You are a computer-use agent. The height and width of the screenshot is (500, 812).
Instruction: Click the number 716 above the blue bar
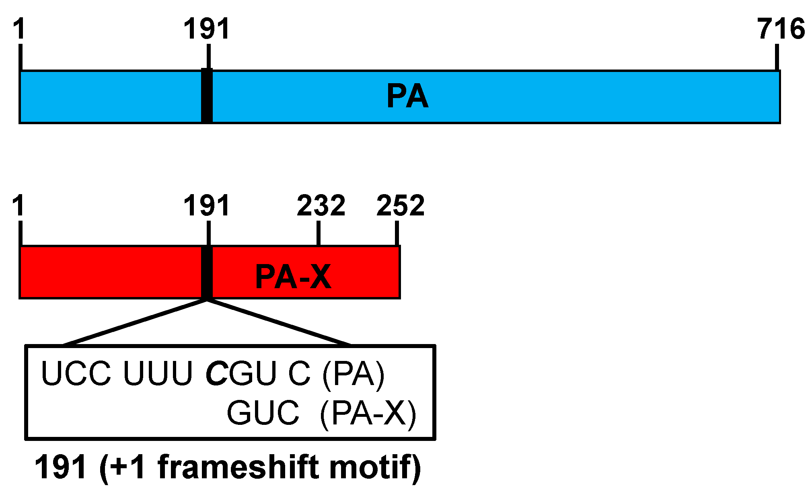point(780,29)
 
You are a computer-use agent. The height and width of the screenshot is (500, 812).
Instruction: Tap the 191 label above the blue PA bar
point(207,29)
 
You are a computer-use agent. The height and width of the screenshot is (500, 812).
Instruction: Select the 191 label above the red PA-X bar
point(207,205)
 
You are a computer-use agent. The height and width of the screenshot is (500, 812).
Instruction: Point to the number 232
point(321,205)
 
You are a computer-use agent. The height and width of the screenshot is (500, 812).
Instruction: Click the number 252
point(400,205)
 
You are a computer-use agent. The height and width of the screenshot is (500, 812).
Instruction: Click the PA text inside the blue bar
point(407,96)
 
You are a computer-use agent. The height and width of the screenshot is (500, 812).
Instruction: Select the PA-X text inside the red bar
point(293,277)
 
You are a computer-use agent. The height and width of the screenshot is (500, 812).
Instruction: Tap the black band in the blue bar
point(207,96)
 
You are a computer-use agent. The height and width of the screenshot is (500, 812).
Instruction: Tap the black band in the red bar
point(207,273)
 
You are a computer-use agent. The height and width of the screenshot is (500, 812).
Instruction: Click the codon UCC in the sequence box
point(76,373)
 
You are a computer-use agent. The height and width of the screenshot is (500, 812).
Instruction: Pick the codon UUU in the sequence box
point(158,373)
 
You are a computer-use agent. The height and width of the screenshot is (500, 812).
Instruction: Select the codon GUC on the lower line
point(263,413)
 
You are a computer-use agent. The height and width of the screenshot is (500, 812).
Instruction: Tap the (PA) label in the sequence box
point(353,373)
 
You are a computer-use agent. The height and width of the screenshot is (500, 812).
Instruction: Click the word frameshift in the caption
point(238,467)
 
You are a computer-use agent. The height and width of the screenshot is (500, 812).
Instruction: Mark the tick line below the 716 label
point(777,57)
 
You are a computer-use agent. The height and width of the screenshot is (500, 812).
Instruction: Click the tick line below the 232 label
point(318,233)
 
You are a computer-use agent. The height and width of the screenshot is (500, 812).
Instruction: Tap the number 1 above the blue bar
point(19,29)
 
